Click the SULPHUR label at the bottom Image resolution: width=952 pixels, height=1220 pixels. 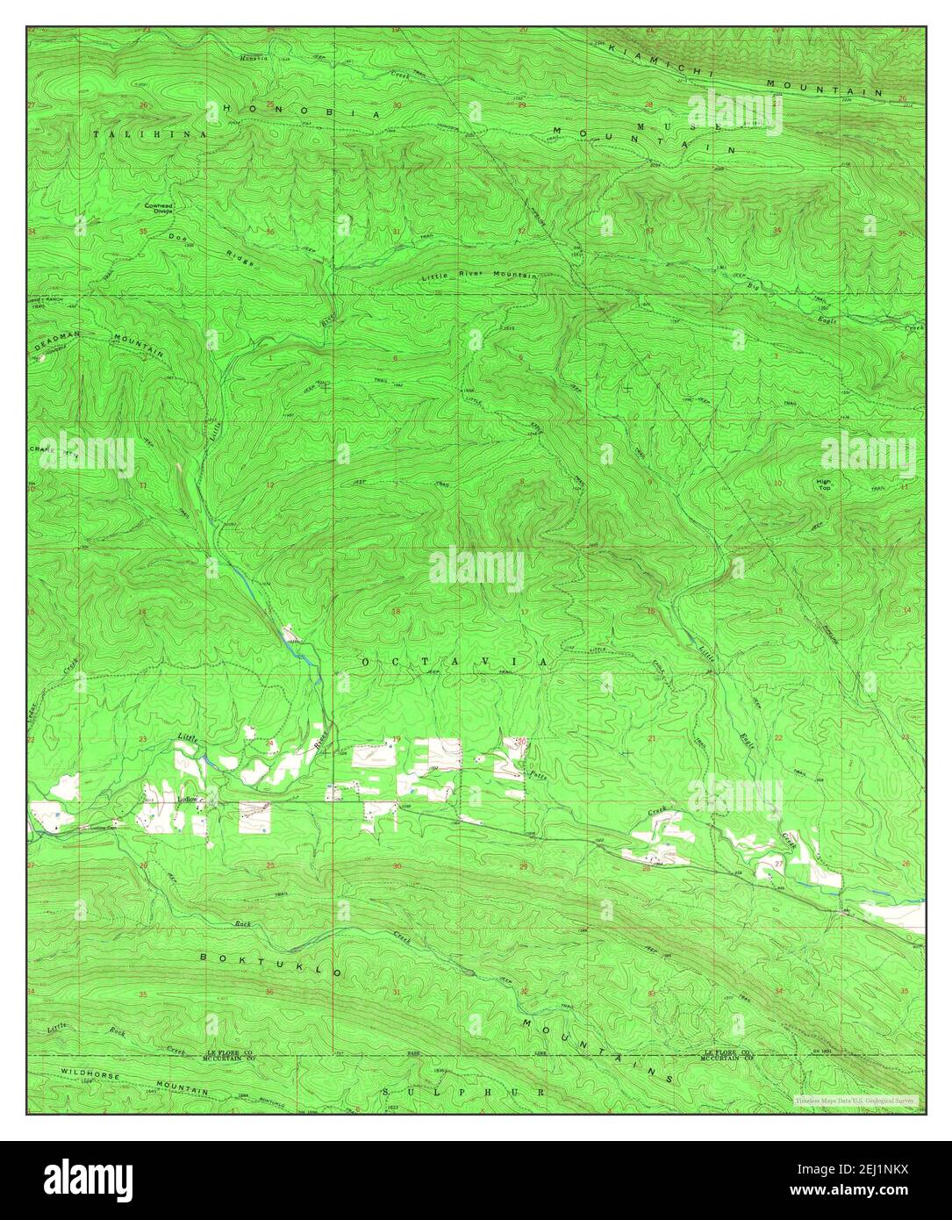tap(465, 1091)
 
